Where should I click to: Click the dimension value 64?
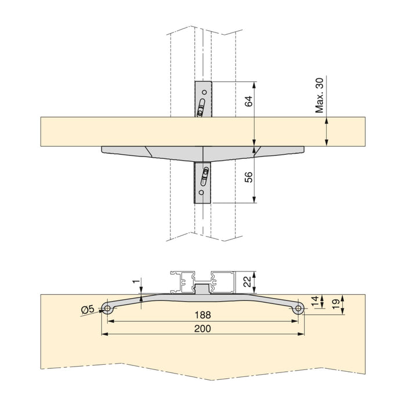248,100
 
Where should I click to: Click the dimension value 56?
248,177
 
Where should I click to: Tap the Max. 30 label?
319,97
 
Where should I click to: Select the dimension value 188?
202,315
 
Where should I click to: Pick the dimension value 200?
202,328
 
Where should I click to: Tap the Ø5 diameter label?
87,310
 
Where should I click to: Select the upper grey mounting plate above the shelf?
203,99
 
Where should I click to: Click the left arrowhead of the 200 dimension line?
104,335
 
